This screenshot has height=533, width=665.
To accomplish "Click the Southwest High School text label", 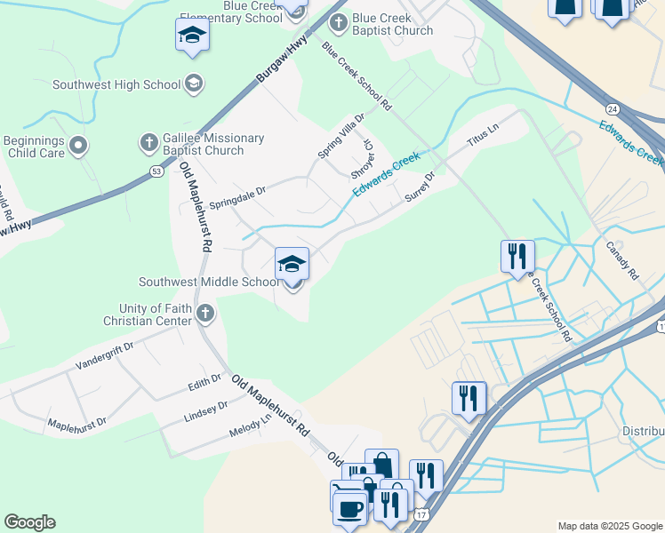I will click(116, 85).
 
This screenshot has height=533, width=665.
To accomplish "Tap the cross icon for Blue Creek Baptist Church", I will click(338, 22).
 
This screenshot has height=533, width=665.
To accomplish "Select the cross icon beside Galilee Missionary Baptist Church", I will click(148, 142).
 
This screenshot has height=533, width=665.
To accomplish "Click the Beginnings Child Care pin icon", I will click(78, 145).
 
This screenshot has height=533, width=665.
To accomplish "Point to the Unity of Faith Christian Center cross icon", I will click(205, 313).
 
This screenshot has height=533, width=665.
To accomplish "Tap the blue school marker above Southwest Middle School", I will click(292, 264).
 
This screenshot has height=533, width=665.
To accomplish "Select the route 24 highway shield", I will click(612, 108).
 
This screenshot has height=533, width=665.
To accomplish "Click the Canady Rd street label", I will click(622, 261).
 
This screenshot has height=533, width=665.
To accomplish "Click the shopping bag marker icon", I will click(381, 465).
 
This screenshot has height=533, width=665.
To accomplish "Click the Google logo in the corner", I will click(29, 522).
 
